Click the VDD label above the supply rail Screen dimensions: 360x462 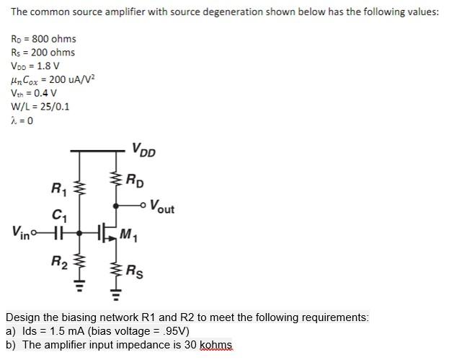(x=143, y=151)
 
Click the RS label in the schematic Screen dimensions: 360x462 (x=134, y=271)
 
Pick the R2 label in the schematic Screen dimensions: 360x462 (x=58, y=261)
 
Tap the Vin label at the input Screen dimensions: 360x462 (x=21, y=232)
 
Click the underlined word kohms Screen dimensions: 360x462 (x=218, y=345)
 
